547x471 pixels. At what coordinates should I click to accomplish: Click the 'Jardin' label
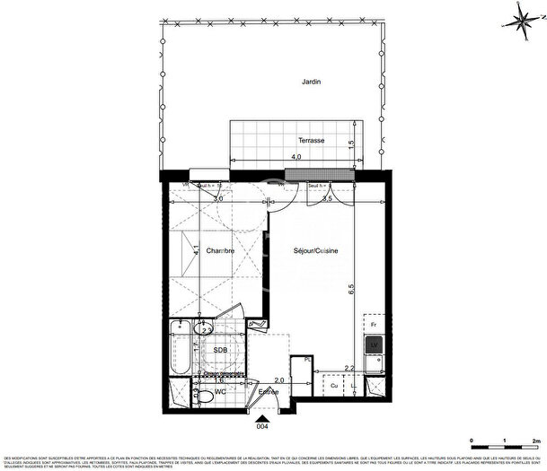pyautogui.click(x=312, y=82)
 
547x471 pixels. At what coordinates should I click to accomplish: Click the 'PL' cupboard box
pyautogui.click(x=307, y=361)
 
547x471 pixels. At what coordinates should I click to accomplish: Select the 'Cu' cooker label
pyautogui.click(x=334, y=387)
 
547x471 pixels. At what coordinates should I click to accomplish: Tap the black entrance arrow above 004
pyautogui.click(x=261, y=416)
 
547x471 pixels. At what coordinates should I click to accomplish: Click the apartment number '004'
pyautogui.click(x=262, y=427)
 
